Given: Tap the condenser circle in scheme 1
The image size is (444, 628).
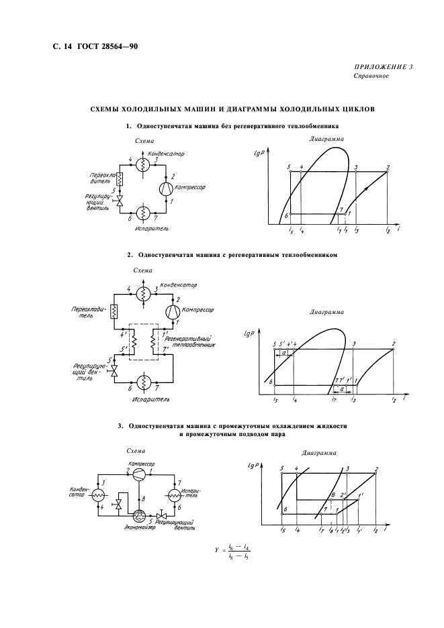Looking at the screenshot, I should (x=142, y=164).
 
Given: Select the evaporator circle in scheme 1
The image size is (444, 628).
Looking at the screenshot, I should (x=142, y=213).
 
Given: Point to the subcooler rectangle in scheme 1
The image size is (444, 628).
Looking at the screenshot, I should (x=120, y=179).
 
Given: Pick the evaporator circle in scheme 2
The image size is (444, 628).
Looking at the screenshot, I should (x=142, y=382).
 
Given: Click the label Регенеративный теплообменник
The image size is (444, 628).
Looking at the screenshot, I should (x=193, y=342).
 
